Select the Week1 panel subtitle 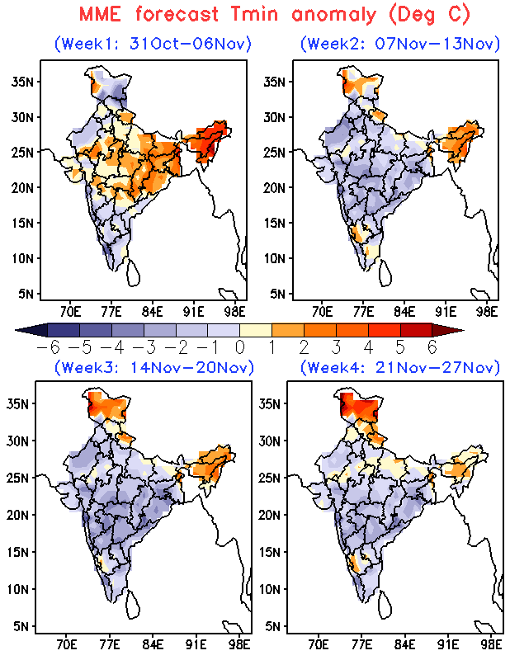point(153,43)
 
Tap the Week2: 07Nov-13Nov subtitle point(400,43)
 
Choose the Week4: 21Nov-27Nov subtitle point(400,366)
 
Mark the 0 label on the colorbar point(239,347)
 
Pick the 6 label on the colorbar point(432,347)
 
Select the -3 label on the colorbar point(143,347)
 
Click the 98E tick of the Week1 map point(235,312)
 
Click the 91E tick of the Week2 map point(446,312)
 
